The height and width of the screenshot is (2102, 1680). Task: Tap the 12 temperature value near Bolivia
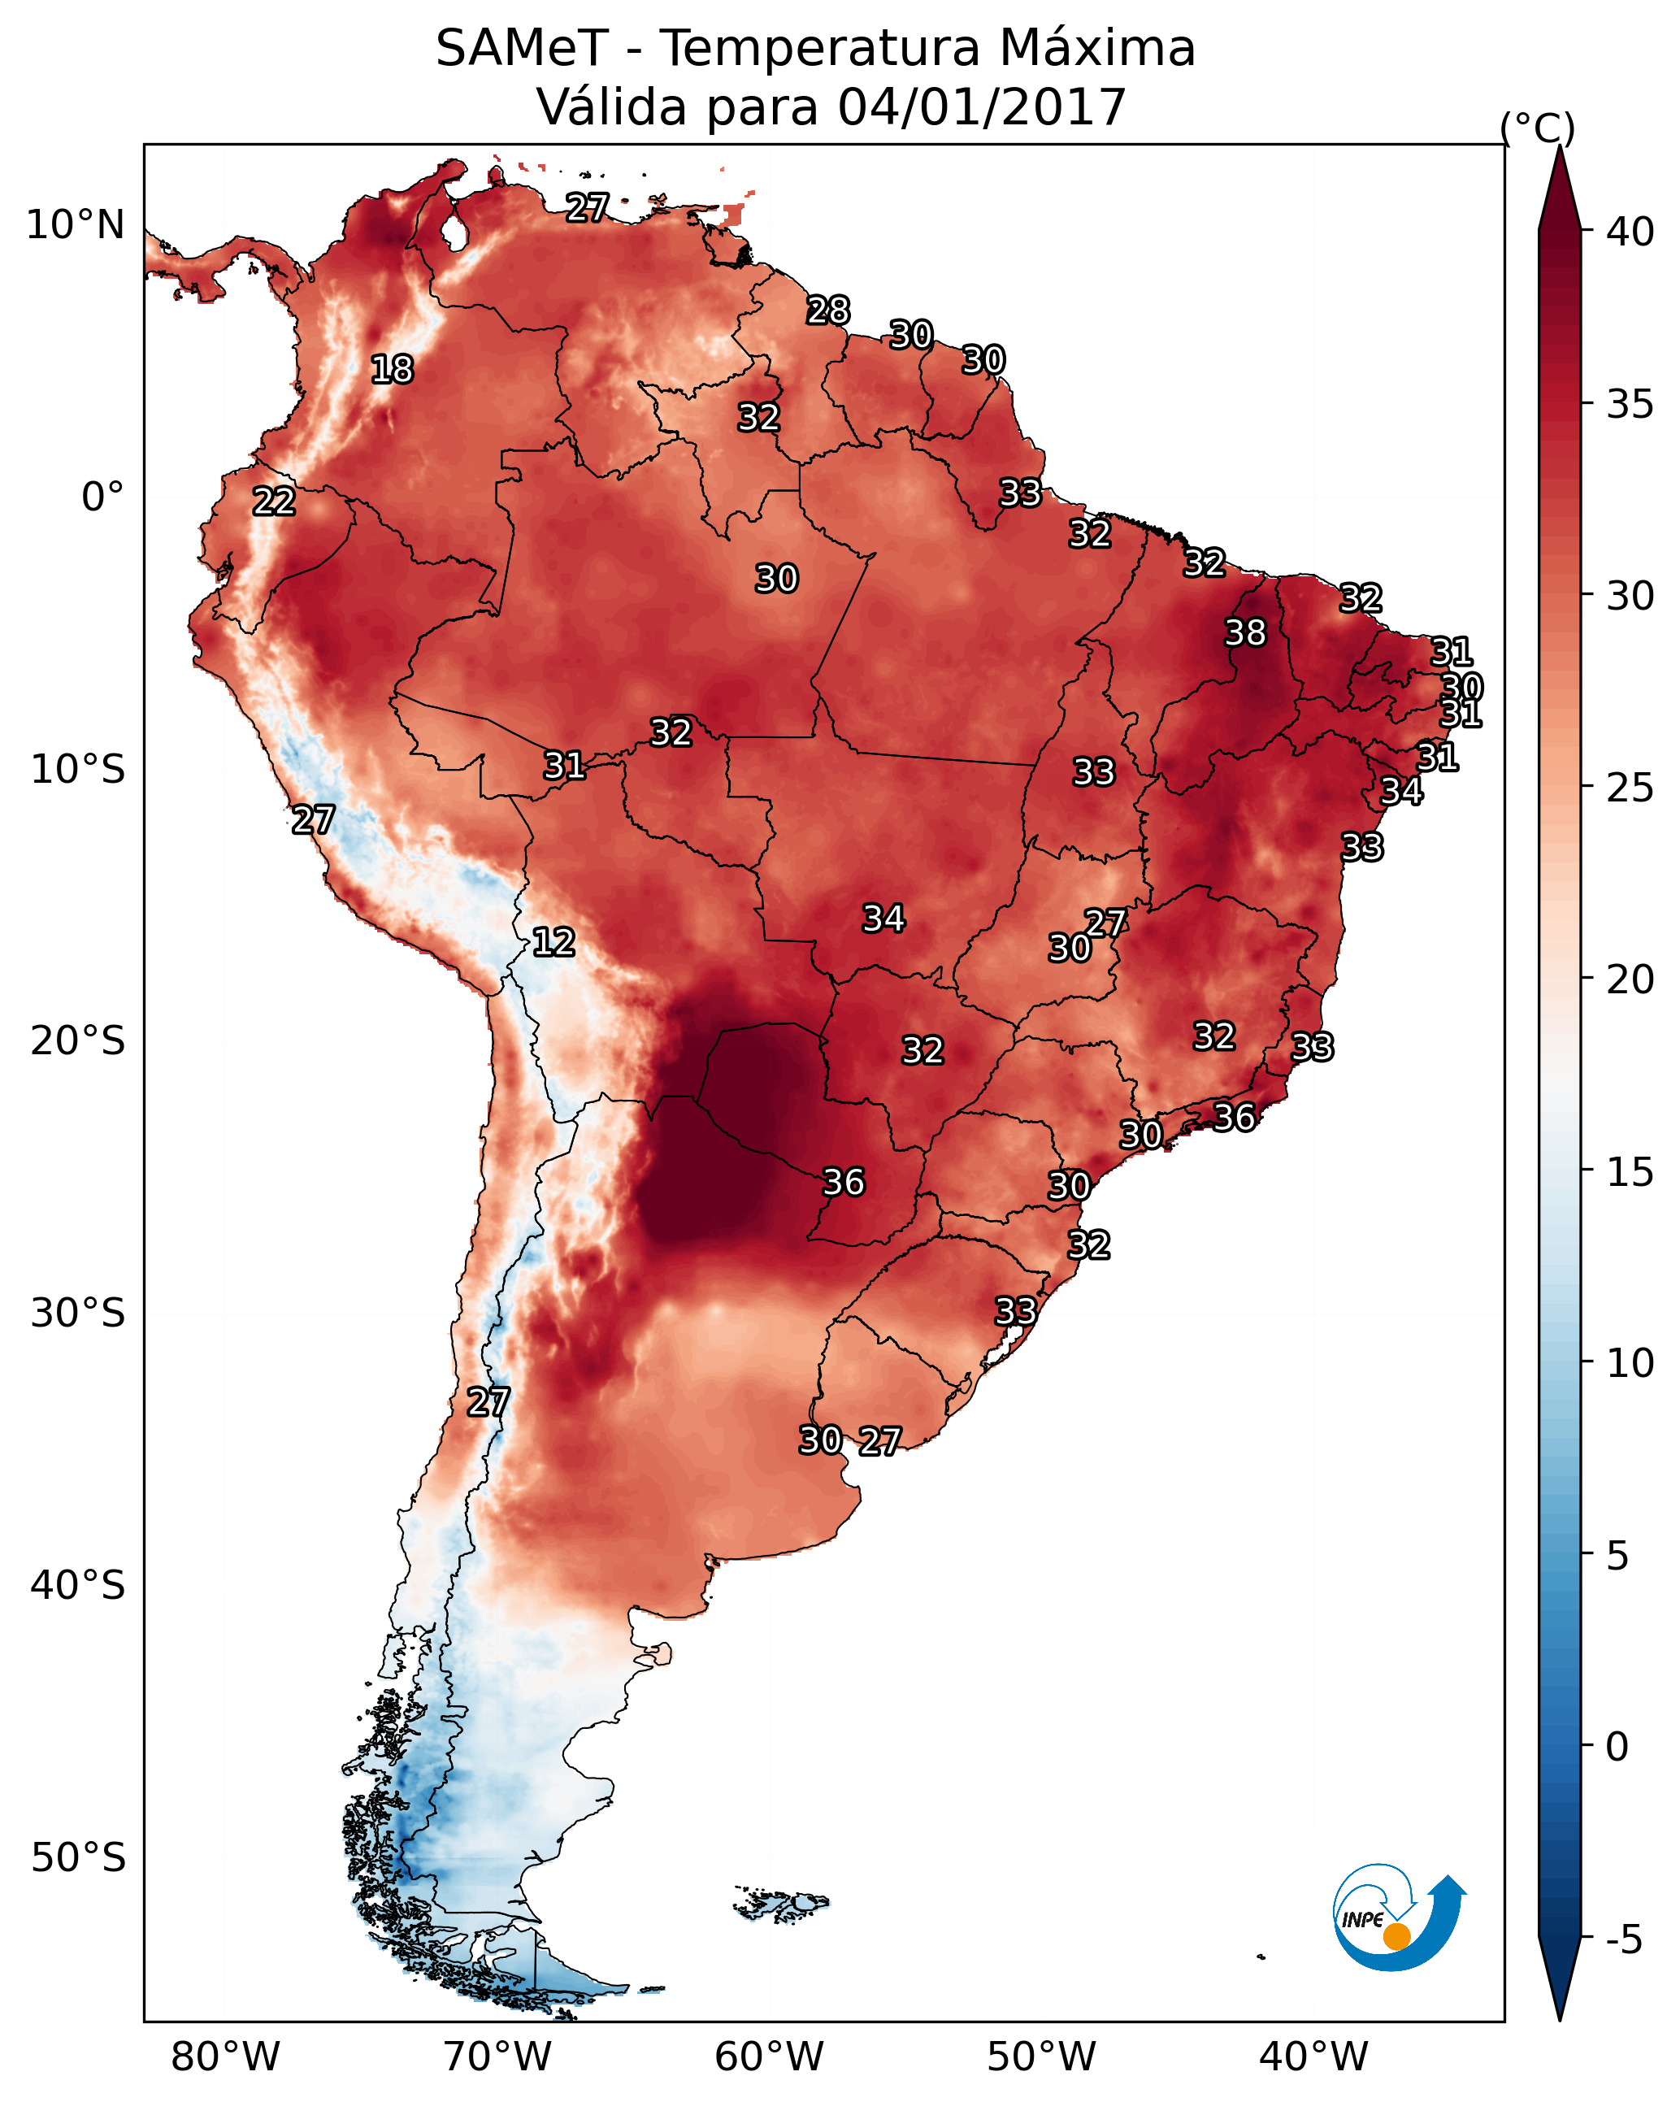pyautogui.click(x=553, y=942)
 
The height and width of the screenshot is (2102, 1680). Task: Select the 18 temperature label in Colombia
pyautogui.click(x=392, y=370)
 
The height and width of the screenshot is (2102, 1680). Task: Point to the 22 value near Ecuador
pyautogui.click(x=274, y=502)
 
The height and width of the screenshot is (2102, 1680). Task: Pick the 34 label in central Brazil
pyautogui.click(x=883, y=919)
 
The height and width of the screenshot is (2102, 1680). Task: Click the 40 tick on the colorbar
pyautogui.click(x=1630, y=232)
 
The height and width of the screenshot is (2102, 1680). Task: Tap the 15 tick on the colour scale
pyautogui.click(x=1630, y=1173)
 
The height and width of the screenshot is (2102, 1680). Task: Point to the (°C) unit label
pyautogui.click(x=1537, y=128)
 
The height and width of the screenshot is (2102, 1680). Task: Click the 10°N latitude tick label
pyautogui.click(x=75, y=225)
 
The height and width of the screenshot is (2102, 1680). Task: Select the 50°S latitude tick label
pyautogui.click(x=78, y=1858)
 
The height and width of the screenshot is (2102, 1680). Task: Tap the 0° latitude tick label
pyautogui.click(x=102, y=497)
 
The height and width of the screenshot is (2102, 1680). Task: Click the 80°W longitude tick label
pyautogui.click(x=225, y=2057)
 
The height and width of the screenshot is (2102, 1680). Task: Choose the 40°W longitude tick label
pyautogui.click(x=1313, y=2057)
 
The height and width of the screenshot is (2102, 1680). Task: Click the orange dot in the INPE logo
pyautogui.click(x=1396, y=1936)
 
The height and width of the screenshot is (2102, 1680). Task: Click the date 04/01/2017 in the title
pyautogui.click(x=982, y=107)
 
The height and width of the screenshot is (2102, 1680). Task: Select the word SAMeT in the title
pyautogui.click(x=522, y=49)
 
